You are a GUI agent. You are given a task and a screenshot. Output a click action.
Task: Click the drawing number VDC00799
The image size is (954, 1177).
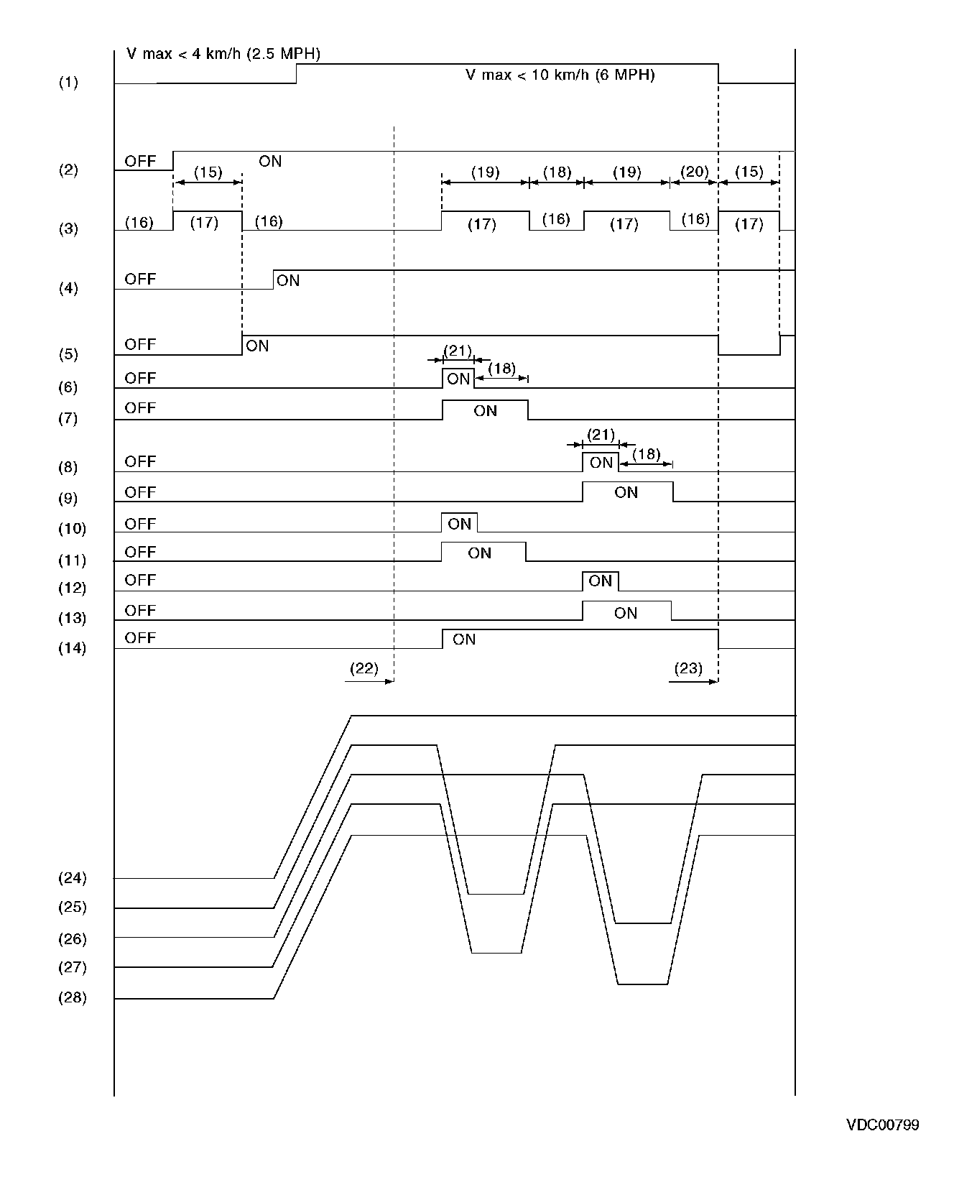882,1125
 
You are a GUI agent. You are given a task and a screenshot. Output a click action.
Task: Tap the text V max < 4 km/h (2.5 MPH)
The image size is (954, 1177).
223,54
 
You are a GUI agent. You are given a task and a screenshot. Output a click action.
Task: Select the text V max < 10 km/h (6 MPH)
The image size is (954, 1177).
560,75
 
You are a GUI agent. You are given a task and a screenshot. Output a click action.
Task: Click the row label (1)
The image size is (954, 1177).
68,82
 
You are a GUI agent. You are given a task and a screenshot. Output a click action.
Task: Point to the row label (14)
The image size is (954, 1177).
72,648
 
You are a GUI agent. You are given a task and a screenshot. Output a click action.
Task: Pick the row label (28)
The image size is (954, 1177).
72,998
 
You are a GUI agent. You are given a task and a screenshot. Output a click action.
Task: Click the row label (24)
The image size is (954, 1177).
72,878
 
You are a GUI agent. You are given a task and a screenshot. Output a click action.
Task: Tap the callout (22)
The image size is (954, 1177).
363,668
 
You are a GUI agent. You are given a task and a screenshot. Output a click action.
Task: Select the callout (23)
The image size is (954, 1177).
687,668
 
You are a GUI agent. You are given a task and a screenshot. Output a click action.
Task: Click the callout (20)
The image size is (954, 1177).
694,172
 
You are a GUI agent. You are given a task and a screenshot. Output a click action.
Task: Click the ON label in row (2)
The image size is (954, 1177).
270,162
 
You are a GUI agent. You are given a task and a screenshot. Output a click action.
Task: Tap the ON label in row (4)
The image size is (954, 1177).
288,280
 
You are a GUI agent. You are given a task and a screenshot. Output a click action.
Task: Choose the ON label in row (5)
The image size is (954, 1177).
257,346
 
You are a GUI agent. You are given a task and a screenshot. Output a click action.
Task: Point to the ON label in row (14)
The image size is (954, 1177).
464,639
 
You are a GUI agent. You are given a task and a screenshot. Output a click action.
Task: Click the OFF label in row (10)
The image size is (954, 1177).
140,524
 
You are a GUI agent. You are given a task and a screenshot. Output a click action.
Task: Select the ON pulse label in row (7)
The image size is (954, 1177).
486,411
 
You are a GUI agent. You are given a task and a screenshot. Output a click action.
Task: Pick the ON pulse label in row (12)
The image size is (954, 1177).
600,581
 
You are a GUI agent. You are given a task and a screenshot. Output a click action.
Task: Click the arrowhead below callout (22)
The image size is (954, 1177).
390,681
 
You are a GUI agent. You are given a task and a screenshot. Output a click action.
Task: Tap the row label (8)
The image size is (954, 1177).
68,468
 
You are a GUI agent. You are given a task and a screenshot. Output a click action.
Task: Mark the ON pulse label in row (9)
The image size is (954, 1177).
626,492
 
